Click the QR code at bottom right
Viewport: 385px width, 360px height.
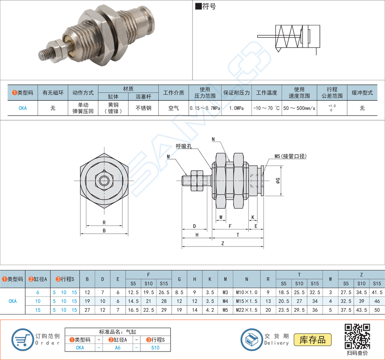click(357, 335)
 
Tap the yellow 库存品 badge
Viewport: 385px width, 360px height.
click(313, 339)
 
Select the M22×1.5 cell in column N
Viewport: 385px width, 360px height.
click(246, 309)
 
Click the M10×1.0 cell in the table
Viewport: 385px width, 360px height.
click(246, 292)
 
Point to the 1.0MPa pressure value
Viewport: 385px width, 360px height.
click(236, 108)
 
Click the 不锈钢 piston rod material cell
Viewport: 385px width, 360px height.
click(143, 108)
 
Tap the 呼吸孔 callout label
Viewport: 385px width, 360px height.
click(184, 147)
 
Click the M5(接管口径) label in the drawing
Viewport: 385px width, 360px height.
click(290, 156)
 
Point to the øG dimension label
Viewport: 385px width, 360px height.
click(278, 181)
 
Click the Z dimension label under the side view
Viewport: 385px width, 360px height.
click(223, 244)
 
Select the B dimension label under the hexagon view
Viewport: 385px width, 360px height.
click(104, 230)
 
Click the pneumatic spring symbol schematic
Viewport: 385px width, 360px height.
click(292, 38)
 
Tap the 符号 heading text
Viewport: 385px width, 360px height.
click(208, 7)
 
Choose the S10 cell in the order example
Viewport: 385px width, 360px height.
click(155, 347)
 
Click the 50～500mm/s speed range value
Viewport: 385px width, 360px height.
click(299, 108)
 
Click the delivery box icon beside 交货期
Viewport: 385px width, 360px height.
click(252, 339)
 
